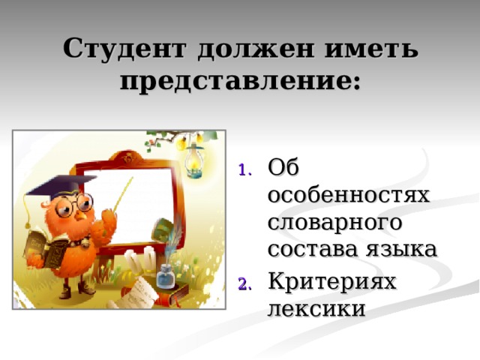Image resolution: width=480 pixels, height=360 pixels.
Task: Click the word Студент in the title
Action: (x=124, y=49)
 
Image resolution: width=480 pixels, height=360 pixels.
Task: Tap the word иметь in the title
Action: (x=371, y=49)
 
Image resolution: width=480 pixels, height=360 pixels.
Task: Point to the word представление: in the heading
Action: (x=240, y=81)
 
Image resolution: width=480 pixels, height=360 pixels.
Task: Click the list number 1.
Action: (x=244, y=170)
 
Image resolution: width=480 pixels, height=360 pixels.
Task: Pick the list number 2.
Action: (x=244, y=284)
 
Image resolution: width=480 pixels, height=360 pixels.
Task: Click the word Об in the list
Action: (x=283, y=167)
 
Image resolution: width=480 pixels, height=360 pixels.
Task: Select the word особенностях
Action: (x=349, y=195)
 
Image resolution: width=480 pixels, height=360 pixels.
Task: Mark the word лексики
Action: (x=316, y=308)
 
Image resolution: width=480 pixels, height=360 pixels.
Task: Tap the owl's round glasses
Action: (x=73, y=205)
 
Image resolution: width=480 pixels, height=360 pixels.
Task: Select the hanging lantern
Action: (x=194, y=160)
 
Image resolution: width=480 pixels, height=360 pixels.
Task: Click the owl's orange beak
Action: (x=81, y=215)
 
